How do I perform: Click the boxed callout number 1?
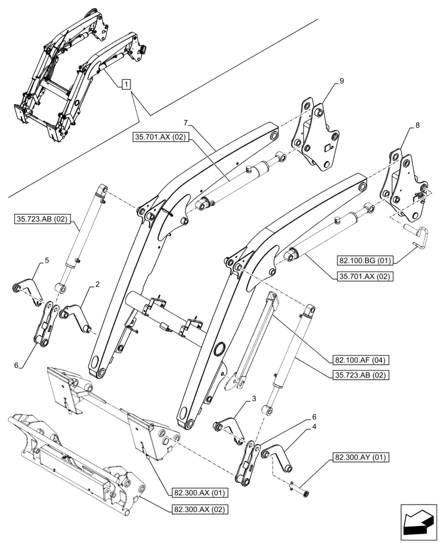point(126,84)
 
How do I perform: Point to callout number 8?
point(417,125)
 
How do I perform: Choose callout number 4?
point(314,427)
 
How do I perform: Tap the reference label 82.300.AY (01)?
point(359,458)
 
